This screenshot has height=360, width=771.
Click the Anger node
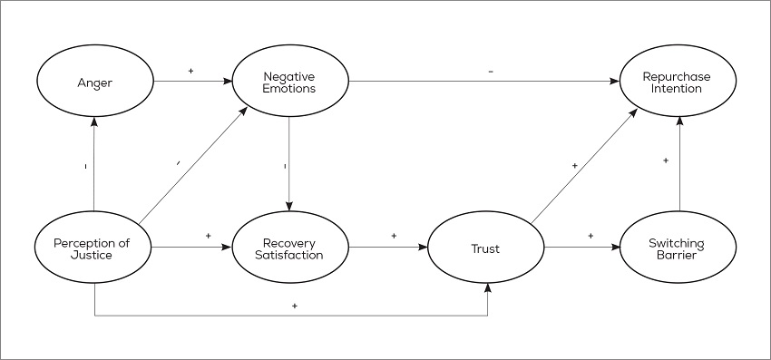94,84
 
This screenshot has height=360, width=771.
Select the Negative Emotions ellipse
289,84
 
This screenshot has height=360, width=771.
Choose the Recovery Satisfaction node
289,247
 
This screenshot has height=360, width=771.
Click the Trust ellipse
485,248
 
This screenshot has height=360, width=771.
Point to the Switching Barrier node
678,248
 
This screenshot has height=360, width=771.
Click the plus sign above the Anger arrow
190,70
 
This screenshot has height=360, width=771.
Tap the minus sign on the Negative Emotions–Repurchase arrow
491,71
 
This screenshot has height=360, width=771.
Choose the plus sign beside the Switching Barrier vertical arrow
665,160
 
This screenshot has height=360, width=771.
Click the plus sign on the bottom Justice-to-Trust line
295,306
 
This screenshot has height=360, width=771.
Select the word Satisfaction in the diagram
289,254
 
